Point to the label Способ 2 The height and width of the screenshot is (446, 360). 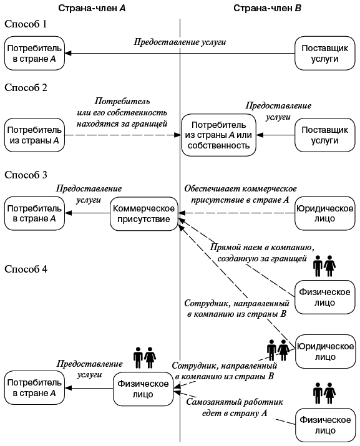(26, 87)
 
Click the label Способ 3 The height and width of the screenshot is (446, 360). (26, 175)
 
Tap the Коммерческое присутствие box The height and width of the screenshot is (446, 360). (142, 214)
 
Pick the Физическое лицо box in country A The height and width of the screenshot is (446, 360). (142, 388)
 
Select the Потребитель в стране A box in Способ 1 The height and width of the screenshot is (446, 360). (35, 54)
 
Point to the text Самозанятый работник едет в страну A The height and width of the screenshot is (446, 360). (234, 408)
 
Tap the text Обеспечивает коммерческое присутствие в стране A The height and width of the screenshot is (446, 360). (240, 194)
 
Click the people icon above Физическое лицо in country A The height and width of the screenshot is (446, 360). (144, 358)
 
